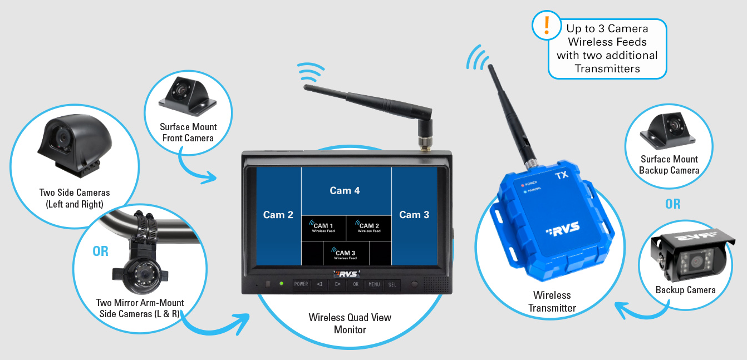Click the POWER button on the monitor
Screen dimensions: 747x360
tap(301, 284)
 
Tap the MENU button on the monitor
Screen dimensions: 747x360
tap(374, 284)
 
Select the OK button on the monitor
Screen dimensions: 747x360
tap(356, 284)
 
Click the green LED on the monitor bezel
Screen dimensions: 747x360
tap(282, 284)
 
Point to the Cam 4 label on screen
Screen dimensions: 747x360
tap(345, 190)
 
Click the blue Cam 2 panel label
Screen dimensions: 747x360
tap(278, 215)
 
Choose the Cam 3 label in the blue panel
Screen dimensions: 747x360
tap(414, 215)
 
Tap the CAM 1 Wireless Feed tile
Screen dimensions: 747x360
tap(323, 228)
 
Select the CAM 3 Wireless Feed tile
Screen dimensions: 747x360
tap(346, 254)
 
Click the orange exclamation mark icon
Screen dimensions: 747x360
tap(547, 25)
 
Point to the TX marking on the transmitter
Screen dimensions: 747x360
tap(562, 175)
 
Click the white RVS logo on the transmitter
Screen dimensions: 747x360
tap(563, 229)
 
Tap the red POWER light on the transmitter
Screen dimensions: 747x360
tap(523, 185)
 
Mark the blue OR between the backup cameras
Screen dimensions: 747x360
tap(672, 204)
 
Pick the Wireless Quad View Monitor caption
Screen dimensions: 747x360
tap(350, 323)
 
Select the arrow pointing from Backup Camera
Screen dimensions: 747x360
tap(640, 312)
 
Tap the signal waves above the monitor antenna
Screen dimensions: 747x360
tap(310, 72)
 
